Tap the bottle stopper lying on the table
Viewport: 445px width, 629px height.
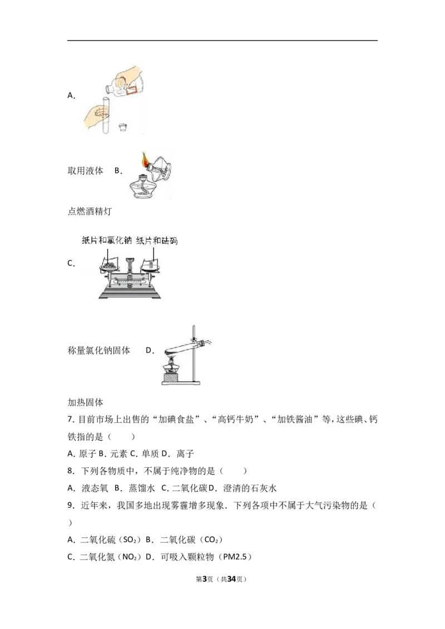click(x=123, y=127)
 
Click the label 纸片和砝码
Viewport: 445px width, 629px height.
click(x=157, y=239)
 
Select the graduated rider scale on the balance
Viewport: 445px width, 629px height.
click(x=129, y=282)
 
